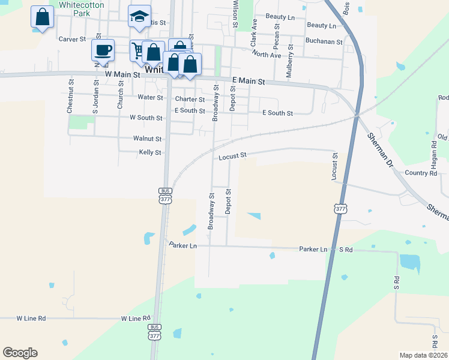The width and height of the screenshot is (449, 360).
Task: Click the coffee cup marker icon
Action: [x=103, y=50]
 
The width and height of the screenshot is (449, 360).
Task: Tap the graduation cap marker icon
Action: [x=139, y=17]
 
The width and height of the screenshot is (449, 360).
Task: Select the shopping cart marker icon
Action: [x=139, y=50]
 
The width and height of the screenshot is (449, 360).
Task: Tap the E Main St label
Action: [x=249, y=80]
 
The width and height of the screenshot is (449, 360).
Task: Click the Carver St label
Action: [x=73, y=38]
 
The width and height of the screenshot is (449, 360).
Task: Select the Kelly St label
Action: [x=150, y=152]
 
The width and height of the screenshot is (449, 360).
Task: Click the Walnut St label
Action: [x=147, y=138]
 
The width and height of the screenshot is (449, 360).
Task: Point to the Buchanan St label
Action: [x=324, y=42]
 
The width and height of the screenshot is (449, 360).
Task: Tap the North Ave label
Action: [x=267, y=55]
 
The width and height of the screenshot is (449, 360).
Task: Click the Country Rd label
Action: [x=420, y=173]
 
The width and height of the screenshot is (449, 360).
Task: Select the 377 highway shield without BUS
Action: [x=340, y=209]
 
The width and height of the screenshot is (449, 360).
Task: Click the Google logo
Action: [x=20, y=352]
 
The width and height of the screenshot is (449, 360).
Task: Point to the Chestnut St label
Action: [x=70, y=96]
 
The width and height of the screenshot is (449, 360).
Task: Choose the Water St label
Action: [x=150, y=97]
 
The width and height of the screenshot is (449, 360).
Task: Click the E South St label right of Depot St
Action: [x=277, y=113]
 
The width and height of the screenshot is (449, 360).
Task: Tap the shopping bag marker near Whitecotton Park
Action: [x=43, y=17]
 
